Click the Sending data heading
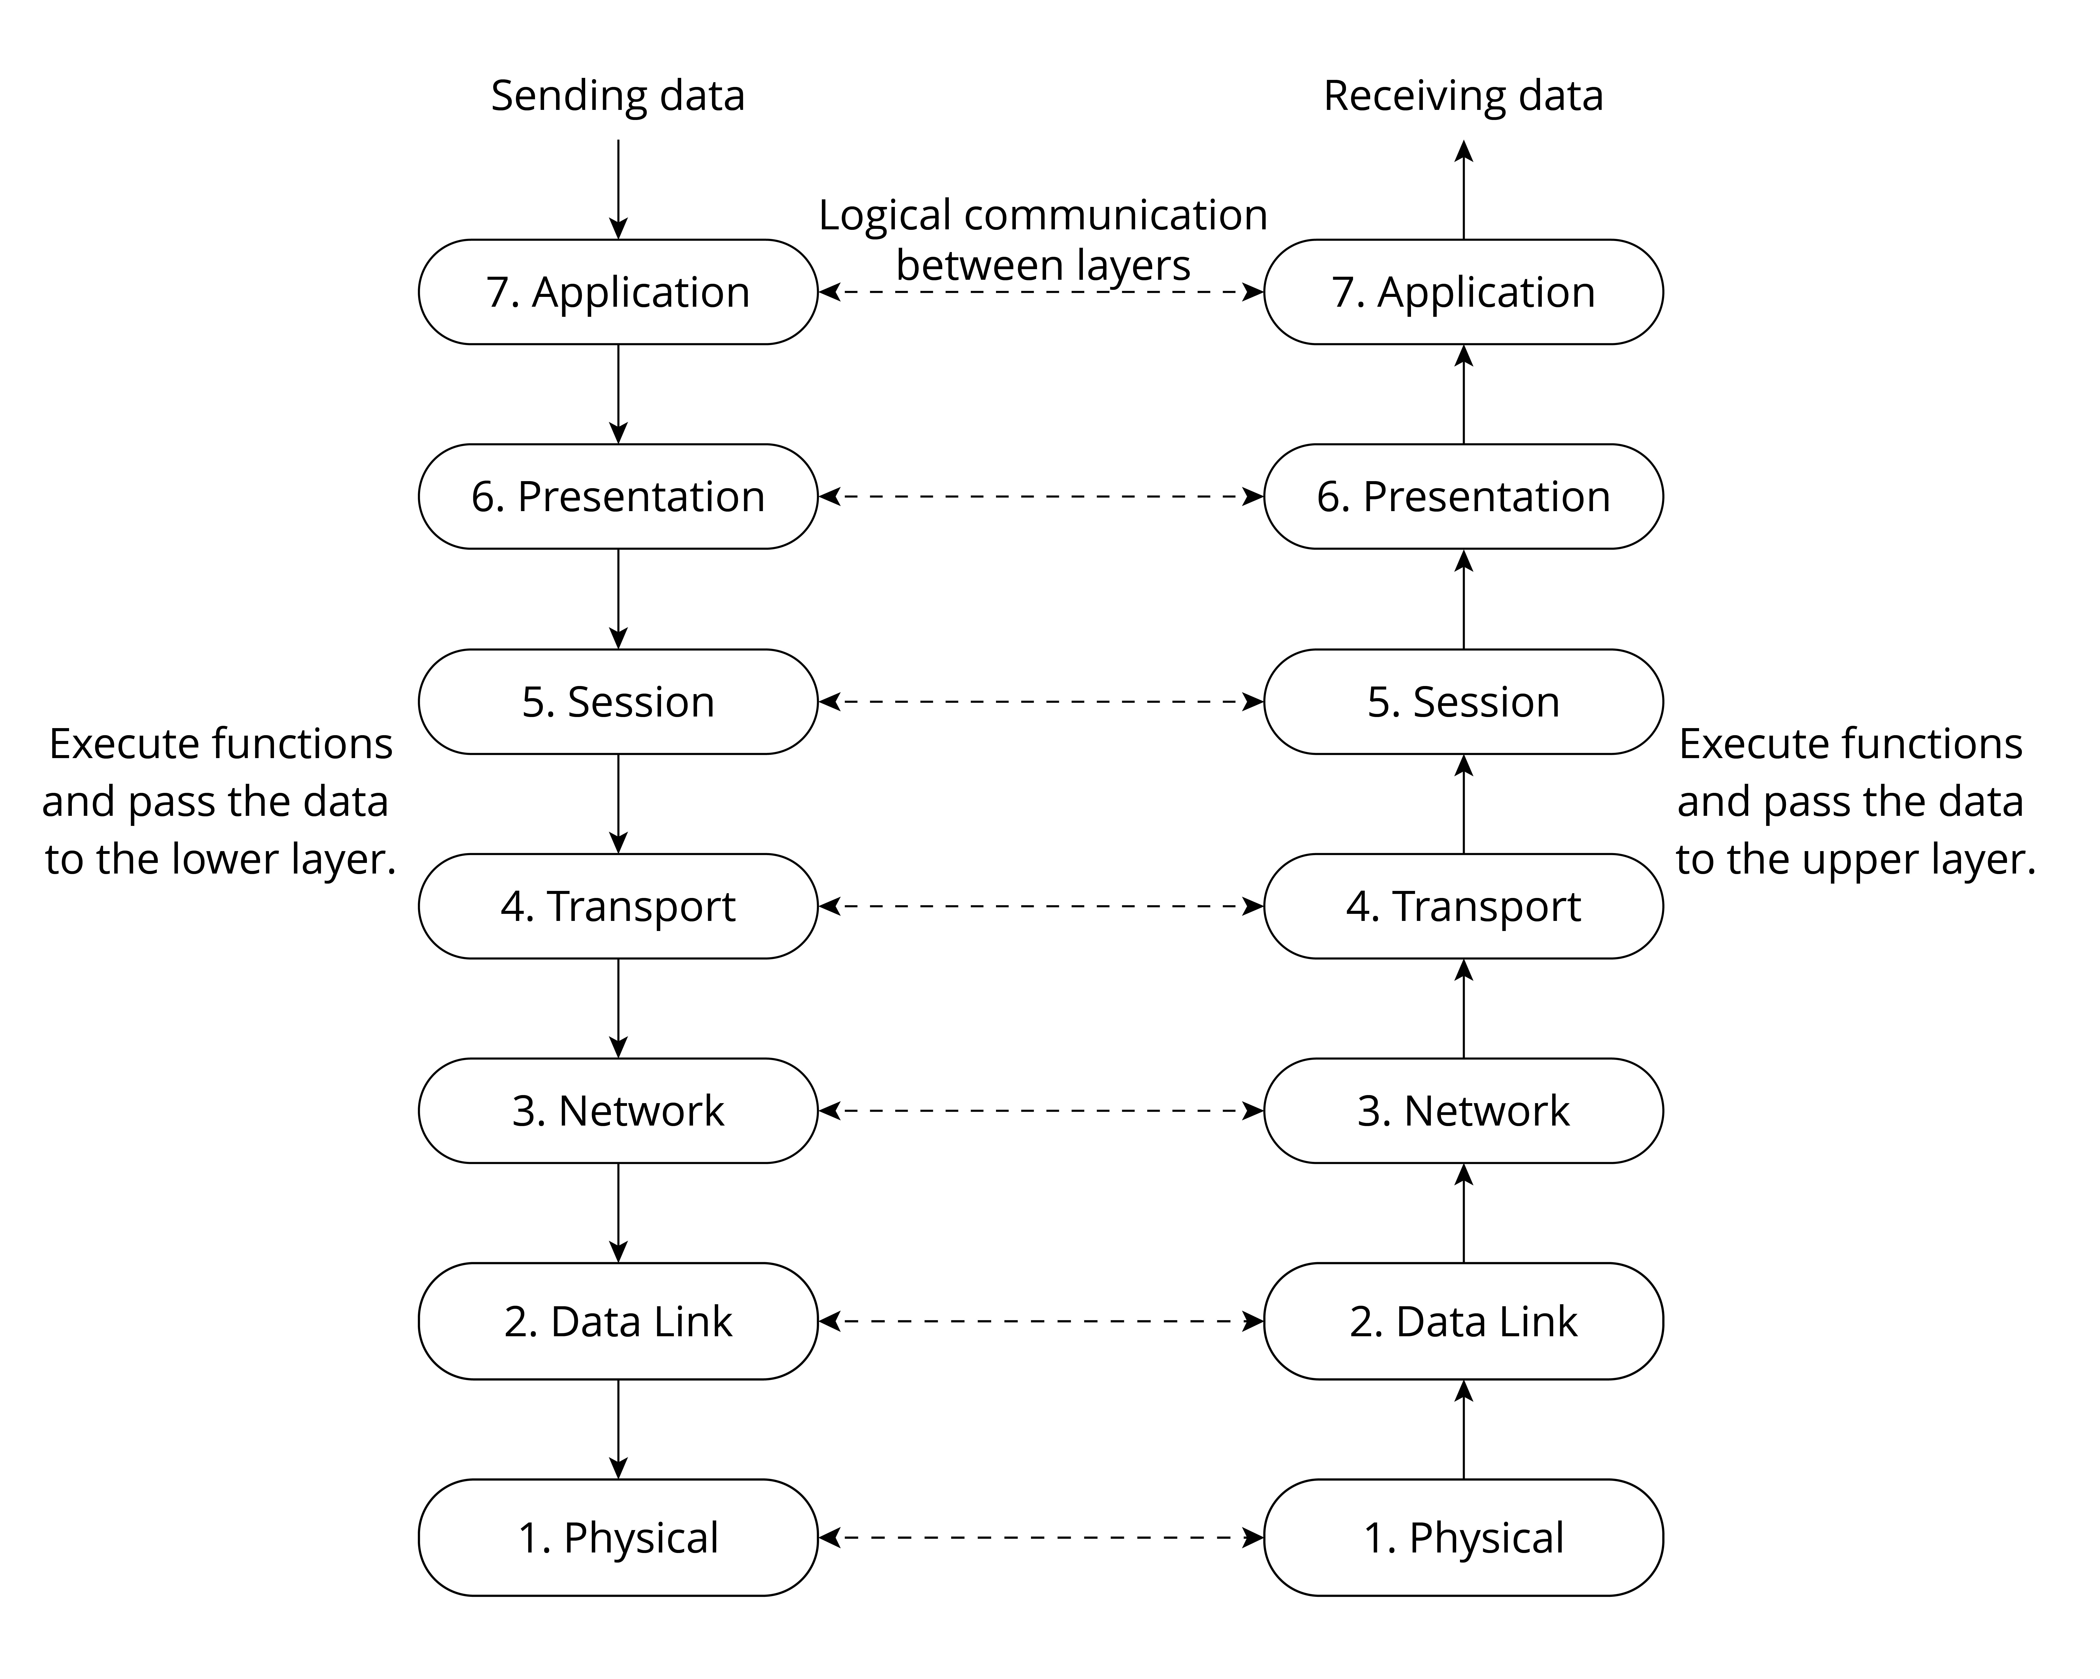(x=617, y=96)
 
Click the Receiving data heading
(x=1463, y=96)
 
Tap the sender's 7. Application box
(x=617, y=292)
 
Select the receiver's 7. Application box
(x=1463, y=292)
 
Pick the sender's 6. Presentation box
(x=617, y=497)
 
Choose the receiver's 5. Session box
(x=1463, y=701)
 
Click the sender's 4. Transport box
(x=617, y=906)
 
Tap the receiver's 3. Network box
(x=1463, y=1110)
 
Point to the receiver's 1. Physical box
(x=1463, y=1538)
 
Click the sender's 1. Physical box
(x=617, y=1538)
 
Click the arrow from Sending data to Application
(x=617, y=189)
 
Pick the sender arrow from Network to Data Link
(x=617, y=1212)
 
